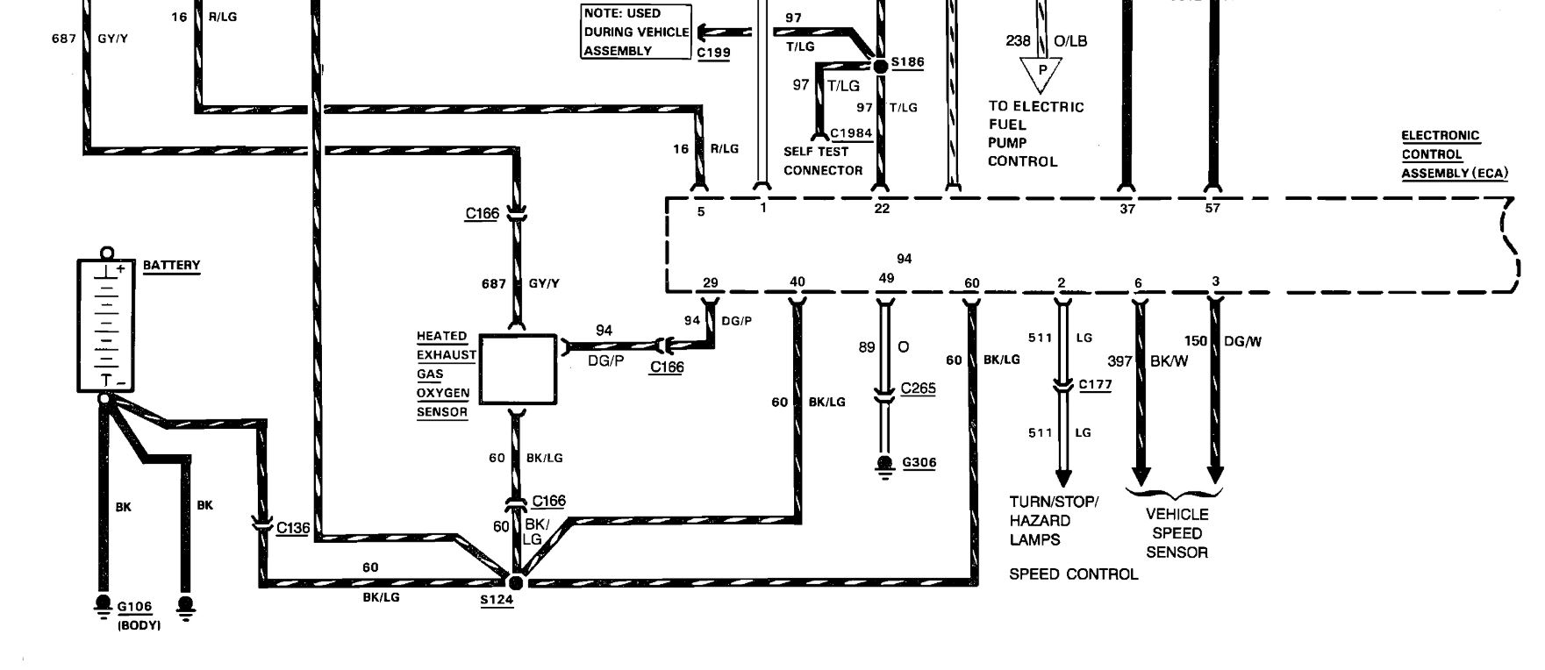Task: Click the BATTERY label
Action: tap(171, 265)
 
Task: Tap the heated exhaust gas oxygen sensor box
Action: tap(518, 369)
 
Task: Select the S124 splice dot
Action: tap(516, 581)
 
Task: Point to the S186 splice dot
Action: tap(880, 65)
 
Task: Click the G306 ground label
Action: tap(919, 462)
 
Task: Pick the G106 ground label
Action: tap(134, 606)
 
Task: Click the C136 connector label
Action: tap(293, 528)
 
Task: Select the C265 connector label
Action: tap(918, 388)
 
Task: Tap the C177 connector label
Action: tap(1095, 384)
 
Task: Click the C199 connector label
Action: tap(713, 53)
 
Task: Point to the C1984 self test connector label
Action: tap(851, 133)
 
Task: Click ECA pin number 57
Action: tap(1212, 209)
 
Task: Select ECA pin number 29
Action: tap(710, 282)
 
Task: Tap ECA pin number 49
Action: tap(886, 279)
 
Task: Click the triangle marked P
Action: tap(1041, 73)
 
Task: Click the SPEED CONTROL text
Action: tap(1073, 574)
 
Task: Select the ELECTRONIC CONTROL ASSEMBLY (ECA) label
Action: tap(1453, 154)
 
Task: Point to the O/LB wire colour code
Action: tap(1069, 41)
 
